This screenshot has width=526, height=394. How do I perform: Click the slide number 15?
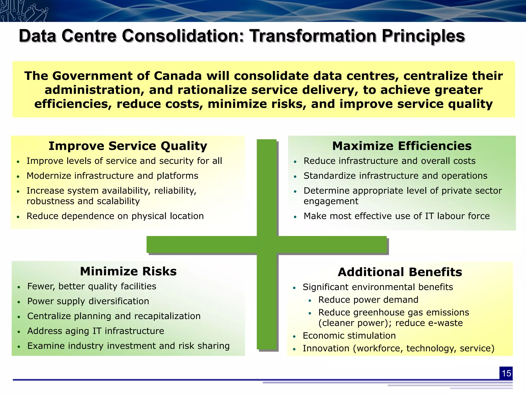tap(506, 373)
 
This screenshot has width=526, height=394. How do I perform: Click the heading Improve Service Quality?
tap(128, 146)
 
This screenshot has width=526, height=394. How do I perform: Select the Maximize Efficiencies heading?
tap(402, 146)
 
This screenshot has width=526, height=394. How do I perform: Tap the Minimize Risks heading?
tap(128, 271)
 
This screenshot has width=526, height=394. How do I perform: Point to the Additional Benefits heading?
tap(400, 272)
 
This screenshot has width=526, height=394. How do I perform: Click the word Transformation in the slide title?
tap(313, 36)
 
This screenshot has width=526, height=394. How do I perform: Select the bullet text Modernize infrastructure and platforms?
tap(112, 176)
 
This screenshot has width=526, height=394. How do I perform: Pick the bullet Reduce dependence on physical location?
tap(115, 216)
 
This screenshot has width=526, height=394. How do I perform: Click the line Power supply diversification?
tap(88, 301)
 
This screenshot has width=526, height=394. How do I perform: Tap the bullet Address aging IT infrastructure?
tap(96, 331)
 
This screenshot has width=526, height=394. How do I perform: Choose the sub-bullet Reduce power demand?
tap(368, 300)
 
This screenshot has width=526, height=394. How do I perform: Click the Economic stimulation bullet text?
tap(349, 336)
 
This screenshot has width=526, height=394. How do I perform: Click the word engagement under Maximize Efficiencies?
tap(331, 201)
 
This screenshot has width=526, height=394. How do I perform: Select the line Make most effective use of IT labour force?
tap(397, 216)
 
